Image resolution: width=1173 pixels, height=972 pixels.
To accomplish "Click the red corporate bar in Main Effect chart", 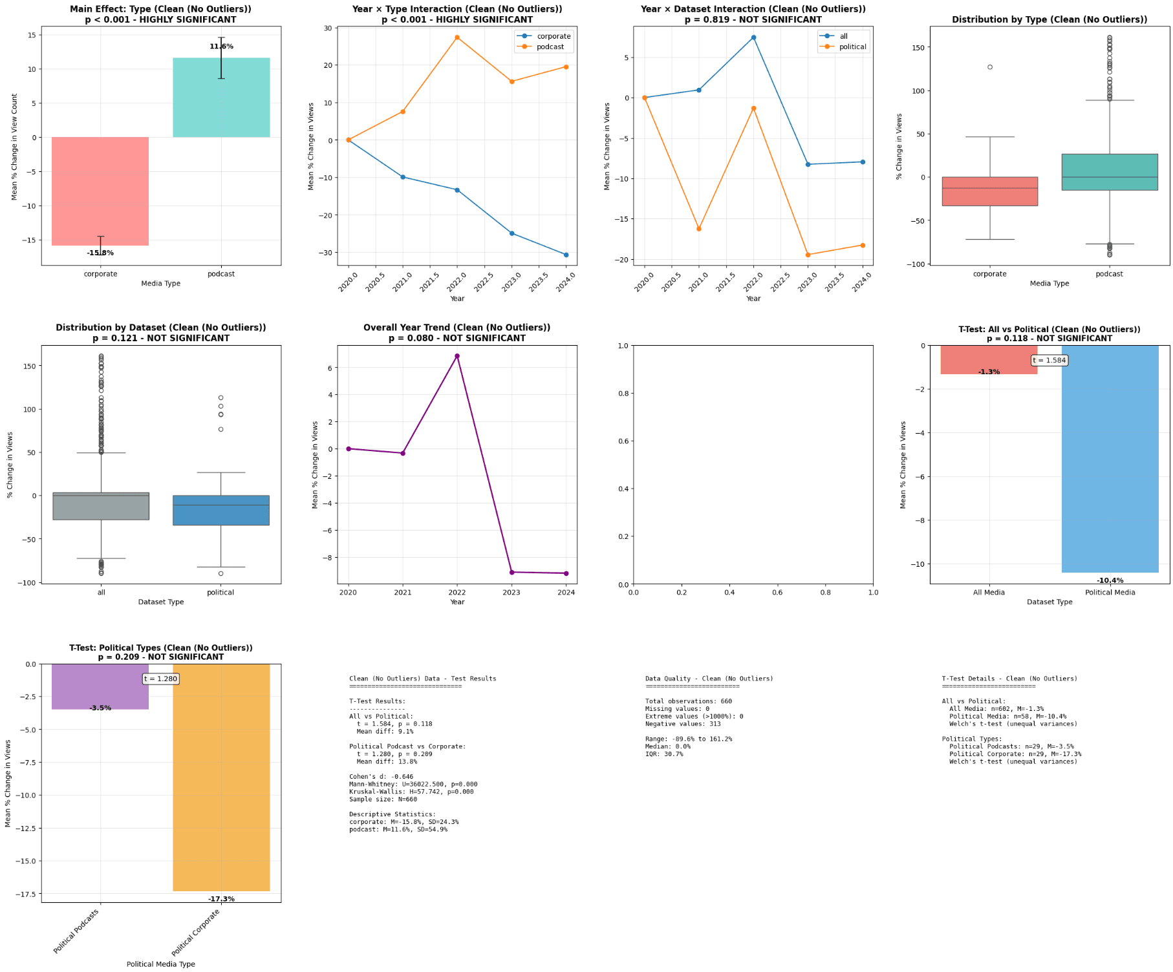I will tap(100, 191).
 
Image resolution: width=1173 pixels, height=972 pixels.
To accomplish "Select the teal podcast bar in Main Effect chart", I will tap(221, 98).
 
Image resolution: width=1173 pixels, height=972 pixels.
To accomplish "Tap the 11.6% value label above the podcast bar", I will tap(221, 47).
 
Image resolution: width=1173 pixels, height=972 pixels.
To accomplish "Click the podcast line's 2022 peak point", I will tap(457, 37).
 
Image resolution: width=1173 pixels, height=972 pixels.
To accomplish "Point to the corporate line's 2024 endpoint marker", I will tap(566, 255).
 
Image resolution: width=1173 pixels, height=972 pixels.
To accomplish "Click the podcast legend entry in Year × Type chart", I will tap(550, 47).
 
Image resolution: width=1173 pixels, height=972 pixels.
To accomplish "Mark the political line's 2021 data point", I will tap(699, 229).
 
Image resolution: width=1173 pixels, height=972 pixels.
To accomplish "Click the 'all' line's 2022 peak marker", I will tap(753, 37).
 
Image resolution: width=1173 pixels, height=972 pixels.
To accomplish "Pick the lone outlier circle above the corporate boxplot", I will tap(990, 67).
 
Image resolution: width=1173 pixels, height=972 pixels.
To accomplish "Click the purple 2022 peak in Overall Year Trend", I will tap(457, 356).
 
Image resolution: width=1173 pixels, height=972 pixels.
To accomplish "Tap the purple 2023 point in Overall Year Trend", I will tap(511, 572).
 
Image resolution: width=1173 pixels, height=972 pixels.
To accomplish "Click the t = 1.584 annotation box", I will tap(1049, 361).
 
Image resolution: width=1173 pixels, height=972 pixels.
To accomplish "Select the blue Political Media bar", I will tap(1110, 459).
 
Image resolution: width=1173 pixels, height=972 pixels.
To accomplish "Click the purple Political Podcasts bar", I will tap(100, 686).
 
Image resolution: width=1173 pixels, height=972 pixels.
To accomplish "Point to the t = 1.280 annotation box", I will tap(160, 679).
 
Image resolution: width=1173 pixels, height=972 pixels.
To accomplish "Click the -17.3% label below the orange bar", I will tap(221, 899).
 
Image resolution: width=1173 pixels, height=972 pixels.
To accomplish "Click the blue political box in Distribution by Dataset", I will tap(221, 510).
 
